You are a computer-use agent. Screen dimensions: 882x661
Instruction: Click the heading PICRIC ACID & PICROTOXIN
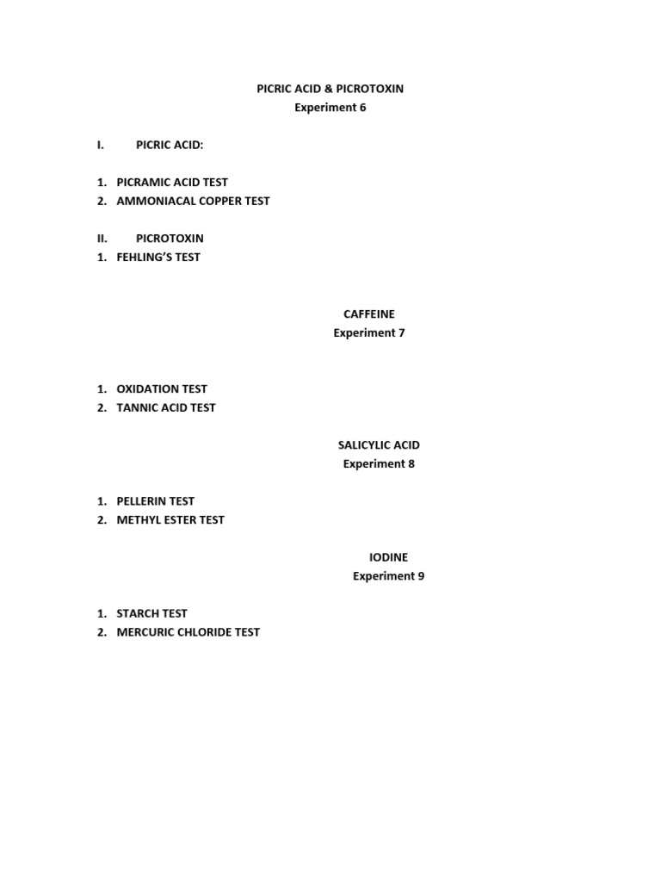tap(330, 89)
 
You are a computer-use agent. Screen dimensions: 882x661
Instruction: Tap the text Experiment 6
tap(330, 108)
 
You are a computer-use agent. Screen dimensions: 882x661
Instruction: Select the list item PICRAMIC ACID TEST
tap(172, 183)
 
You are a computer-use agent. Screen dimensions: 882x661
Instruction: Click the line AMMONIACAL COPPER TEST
tap(193, 201)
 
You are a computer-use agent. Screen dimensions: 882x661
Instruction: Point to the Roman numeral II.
tap(102, 239)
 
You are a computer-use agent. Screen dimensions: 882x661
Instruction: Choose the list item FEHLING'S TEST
tap(158, 257)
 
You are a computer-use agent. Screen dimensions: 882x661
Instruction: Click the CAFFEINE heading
tap(369, 314)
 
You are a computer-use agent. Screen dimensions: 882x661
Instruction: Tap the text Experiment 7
tap(369, 333)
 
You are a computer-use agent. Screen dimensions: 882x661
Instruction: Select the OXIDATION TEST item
tap(162, 389)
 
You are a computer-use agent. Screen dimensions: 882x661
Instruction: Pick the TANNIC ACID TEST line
tap(166, 407)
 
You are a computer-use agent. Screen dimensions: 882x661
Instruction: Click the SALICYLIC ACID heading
tap(379, 445)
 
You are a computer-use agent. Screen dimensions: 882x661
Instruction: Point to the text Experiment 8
tap(379, 464)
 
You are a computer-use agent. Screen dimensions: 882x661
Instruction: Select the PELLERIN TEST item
tap(156, 501)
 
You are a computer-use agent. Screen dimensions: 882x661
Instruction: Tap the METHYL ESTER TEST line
tap(170, 519)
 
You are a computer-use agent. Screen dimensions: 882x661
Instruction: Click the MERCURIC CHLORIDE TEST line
tap(188, 632)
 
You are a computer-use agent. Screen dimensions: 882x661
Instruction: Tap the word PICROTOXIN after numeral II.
tap(170, 239)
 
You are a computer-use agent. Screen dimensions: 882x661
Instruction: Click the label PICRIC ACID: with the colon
tap(170, 145)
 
